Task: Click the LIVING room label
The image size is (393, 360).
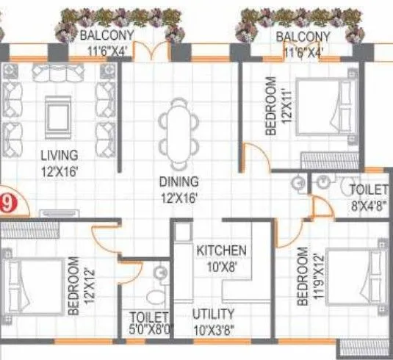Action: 59,155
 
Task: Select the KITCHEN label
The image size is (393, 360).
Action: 221,251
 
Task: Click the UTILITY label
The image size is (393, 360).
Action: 214,314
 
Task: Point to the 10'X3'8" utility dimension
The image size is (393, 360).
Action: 214,329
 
